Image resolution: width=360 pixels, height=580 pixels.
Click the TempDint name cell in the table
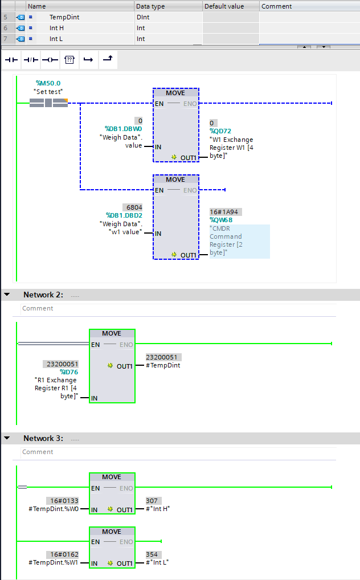64,17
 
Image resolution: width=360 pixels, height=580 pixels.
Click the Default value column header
224,6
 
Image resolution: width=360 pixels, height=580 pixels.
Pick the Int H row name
56,28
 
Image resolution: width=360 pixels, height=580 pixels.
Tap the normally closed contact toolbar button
31,59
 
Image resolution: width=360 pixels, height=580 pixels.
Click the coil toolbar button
50,59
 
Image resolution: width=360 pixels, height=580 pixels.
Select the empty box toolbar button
69,59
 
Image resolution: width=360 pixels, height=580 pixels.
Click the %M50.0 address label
48,83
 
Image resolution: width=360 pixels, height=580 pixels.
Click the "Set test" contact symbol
48,103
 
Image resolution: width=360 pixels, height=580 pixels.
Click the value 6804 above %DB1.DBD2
132,207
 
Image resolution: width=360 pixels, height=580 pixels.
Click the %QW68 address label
222,220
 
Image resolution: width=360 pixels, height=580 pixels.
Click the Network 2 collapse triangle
7,295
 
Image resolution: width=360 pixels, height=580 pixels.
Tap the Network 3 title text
43,438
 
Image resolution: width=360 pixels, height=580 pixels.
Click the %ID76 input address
69,372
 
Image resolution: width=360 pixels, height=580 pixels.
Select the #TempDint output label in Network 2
163,365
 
